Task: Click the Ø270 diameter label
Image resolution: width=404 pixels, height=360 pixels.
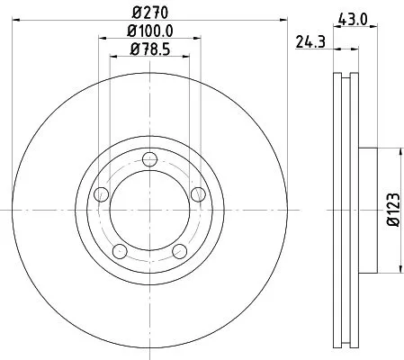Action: tap(148, 12)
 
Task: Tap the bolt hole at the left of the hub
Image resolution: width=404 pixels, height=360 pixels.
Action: tap(101, 194)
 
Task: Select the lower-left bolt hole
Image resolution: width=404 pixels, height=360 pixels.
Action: tap(119, 251)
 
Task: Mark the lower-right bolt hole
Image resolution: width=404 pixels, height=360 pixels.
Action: tap(178, 250)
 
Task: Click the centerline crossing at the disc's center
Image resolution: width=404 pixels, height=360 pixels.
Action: tap(148, 209)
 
